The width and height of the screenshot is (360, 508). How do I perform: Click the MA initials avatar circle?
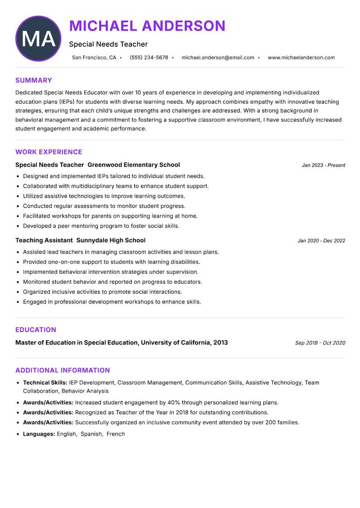pos(38,39)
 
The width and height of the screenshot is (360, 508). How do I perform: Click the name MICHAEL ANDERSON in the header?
pos(147,26)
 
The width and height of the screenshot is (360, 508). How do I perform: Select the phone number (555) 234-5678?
pos(149,58)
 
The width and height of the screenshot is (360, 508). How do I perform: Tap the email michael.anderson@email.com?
pos(218,58)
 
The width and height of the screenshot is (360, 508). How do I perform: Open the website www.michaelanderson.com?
pos(301,58)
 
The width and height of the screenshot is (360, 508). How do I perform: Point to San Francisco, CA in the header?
pos(94,58)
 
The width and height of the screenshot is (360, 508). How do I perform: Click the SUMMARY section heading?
pos(34,80)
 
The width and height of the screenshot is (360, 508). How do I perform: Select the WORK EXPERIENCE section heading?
pos(49,152)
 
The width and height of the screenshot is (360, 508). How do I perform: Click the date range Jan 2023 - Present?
pos(323,165)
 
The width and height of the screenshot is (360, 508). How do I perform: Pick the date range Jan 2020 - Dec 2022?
pos(321,241)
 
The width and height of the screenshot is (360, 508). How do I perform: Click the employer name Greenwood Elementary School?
pos(134,165)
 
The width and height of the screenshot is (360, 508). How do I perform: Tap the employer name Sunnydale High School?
pos(111,241)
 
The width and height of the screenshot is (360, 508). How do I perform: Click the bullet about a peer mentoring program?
pos(101,226)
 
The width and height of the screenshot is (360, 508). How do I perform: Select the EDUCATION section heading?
pos(36,330)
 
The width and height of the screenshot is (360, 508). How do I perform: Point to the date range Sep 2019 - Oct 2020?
pos(320,343)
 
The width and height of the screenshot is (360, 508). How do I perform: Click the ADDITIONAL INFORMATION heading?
pos(63,370)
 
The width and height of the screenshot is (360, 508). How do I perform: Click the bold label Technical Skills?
pos(45,383)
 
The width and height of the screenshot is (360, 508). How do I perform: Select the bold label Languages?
pos(39,434)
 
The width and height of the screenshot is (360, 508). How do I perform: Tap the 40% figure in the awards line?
pos(174,403)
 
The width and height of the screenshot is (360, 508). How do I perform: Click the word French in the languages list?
pos(116,434)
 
